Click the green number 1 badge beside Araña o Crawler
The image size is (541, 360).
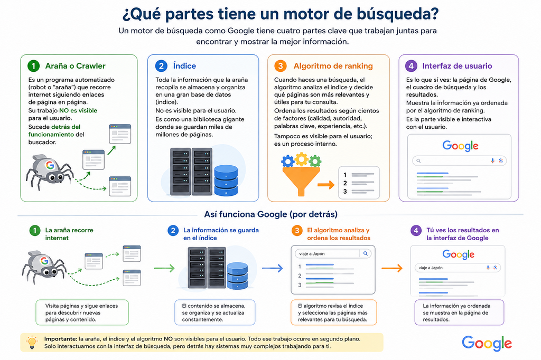(x=33, y=65)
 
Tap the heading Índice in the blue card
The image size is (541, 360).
(x=184, y=66)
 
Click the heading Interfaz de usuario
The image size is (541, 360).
(x=457, y=66)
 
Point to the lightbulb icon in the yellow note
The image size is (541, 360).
(x=32, y=342)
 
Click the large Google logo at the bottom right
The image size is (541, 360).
(x=487, y=343)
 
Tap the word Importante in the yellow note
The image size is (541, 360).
(x=60, y=339)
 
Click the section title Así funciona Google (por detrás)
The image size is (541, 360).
(x=271, y=214)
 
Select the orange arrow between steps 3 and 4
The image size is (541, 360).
(x=392, y=268)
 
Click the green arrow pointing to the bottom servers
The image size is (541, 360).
(x=164, y=268)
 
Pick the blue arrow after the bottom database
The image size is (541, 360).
(x=272, y=268)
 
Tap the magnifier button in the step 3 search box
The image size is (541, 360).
(x=366, y=253)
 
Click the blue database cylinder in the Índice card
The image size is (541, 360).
(x=226, y=180)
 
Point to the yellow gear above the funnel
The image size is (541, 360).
(x=302, y=158)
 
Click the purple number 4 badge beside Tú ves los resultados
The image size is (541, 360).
(x=416, y=230)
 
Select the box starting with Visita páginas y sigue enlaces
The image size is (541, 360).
(x=82, y=312)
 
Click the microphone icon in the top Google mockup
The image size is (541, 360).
(x=492, y=160)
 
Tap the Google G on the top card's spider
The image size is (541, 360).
(x=50, y=165)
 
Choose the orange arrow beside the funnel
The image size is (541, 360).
(x=326, y=185)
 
